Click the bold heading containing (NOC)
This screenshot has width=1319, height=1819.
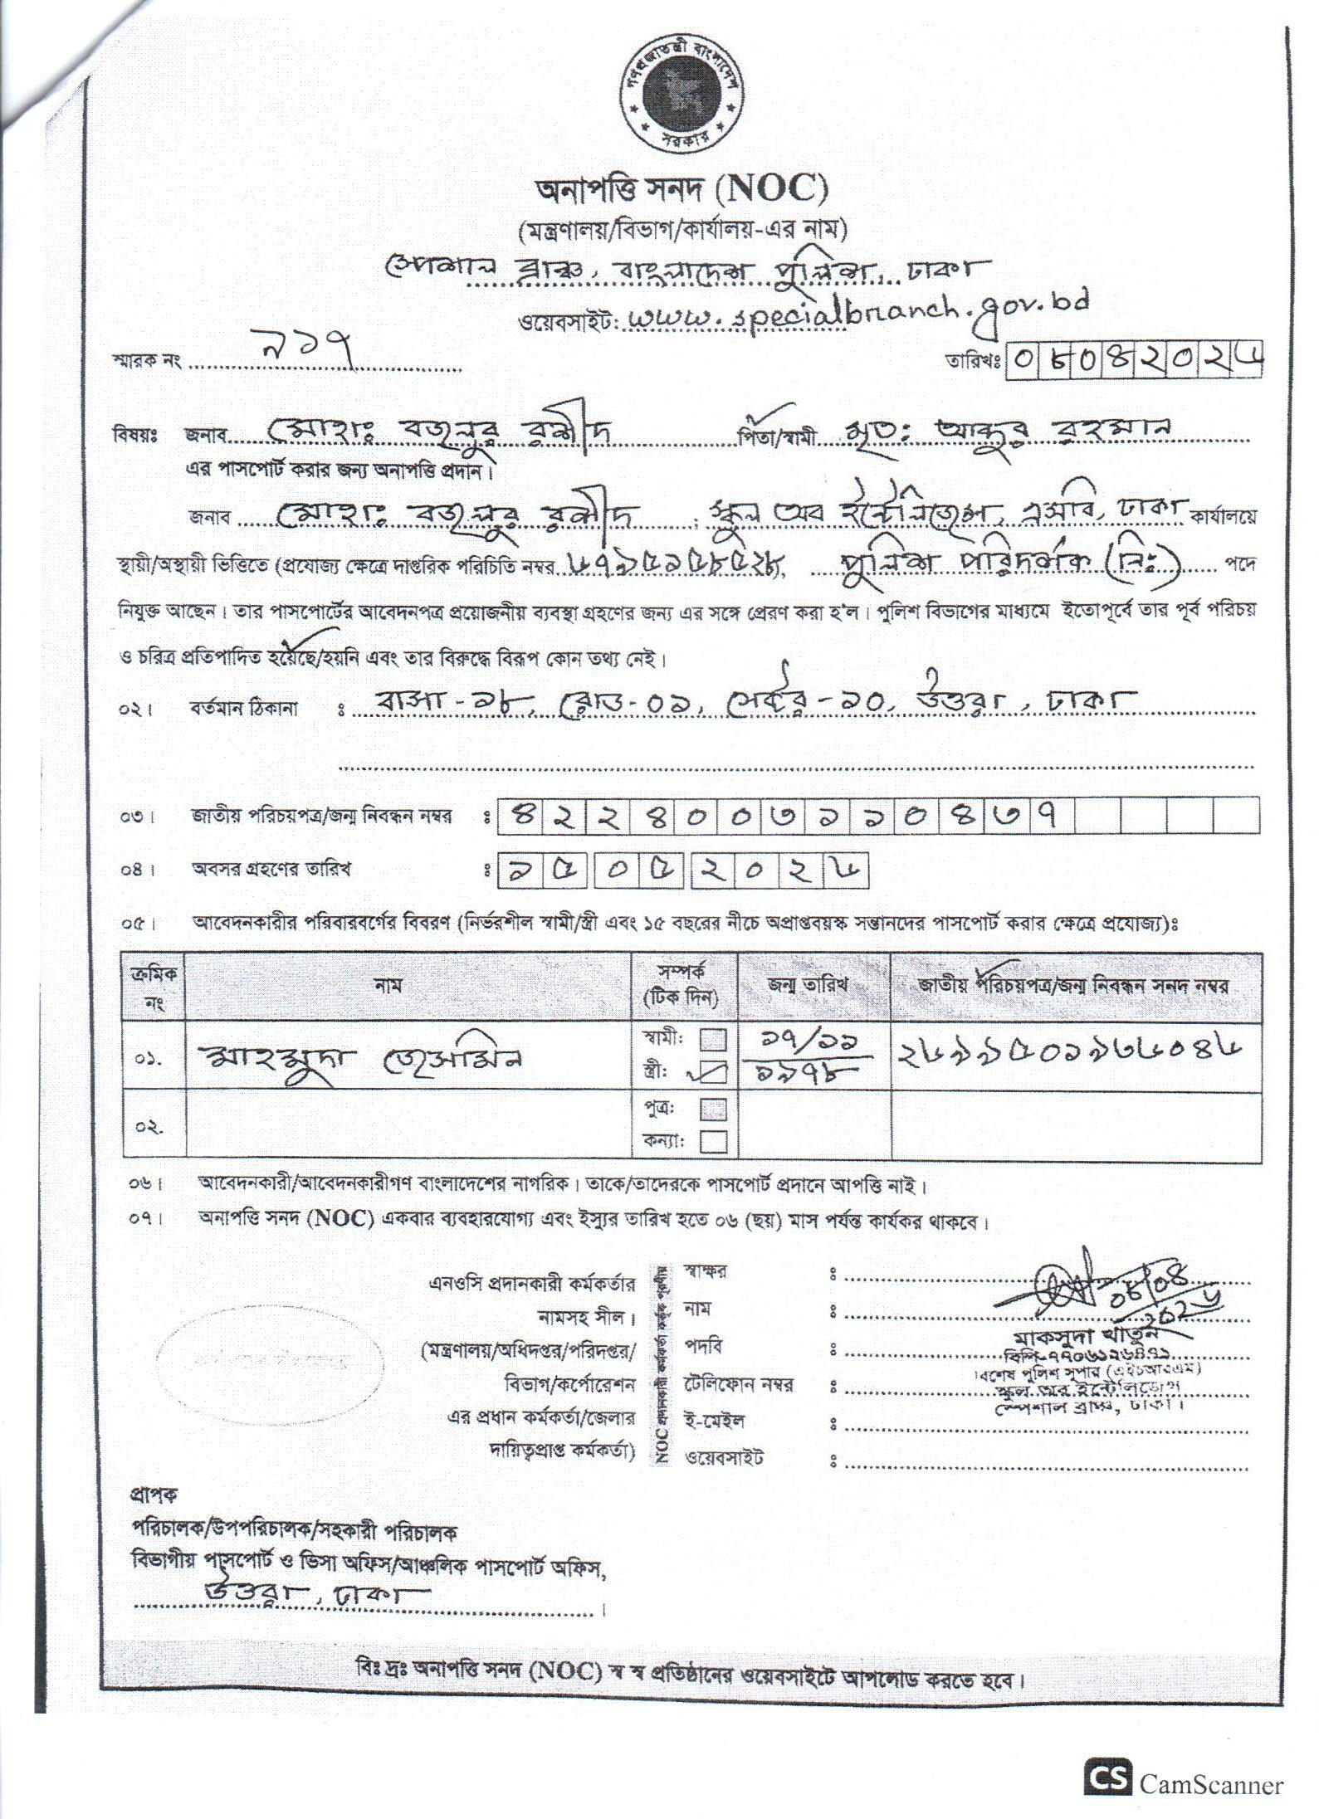coord(680,192)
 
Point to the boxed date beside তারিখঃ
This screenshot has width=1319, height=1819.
coord(1134,360)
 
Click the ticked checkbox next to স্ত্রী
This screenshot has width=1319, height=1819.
coord(714,1072)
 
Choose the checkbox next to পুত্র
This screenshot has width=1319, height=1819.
coord(714,1109)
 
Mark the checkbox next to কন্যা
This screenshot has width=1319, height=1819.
coord(714,1142)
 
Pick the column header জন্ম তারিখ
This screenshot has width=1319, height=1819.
coord(814,986)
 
